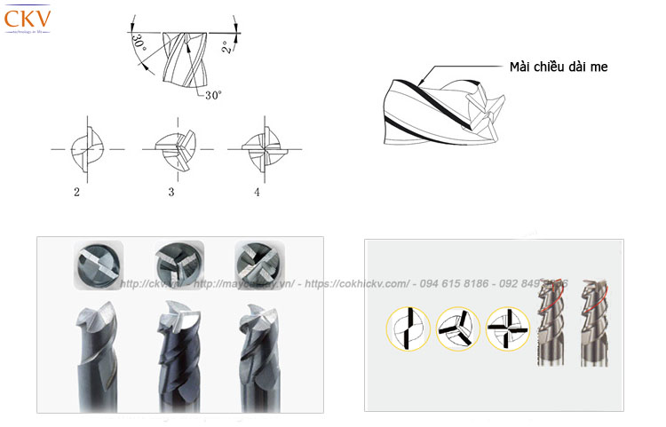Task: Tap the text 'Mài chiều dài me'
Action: tap(559, 67)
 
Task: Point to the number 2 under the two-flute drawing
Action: tap(77, 191)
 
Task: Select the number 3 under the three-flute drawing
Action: tap(170, 191)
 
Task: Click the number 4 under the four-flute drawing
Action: tap(257, 191)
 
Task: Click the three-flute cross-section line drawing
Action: tap(174, 149)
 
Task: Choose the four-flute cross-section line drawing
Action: tap(260, 149)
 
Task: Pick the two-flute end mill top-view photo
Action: tap(95, 265)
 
